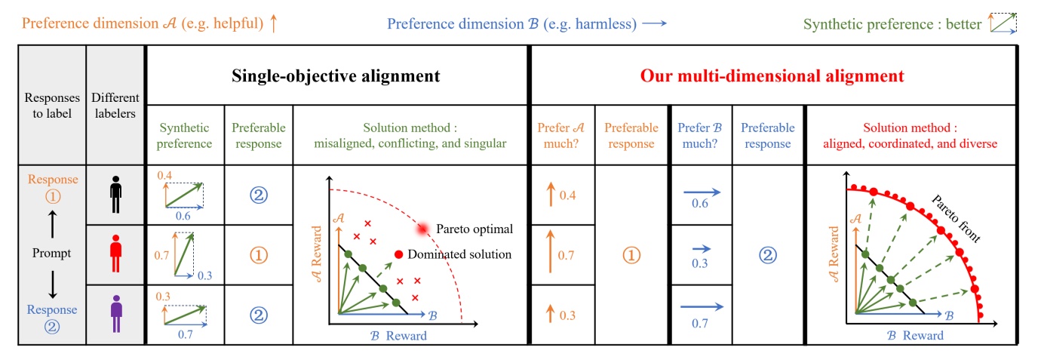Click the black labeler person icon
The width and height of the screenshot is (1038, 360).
pyautogui.click(x=115, y=195)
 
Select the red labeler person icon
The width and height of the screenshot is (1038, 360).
pyautogui.click(x=115, y=254)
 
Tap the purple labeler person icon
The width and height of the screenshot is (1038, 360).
pyautogui.click(x=115, y=315)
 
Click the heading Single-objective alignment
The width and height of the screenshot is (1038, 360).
pyautogui.click(x=336, y=75)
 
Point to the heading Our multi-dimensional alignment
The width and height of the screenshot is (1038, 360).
pyautogui.click(x=772, y=75)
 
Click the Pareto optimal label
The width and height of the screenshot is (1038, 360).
pyautogui.click(x=475, y=228)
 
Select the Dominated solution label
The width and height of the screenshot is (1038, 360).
pyautogui.click(x=459, y=254)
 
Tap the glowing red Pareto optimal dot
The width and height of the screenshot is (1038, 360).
pyautogui.click(x=422, y=228)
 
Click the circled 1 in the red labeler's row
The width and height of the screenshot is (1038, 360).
pyautogui.click(x=258, y=255)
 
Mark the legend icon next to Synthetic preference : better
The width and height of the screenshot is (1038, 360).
pyautogui.click(x=1003, y=24)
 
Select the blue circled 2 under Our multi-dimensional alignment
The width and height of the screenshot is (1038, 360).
pyautogui.click(x=766, y=255)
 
